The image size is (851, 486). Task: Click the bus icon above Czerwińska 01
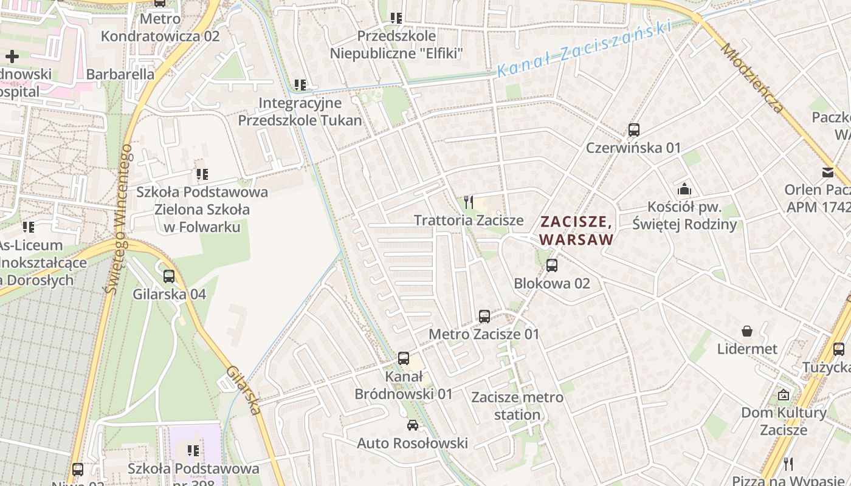coord(633,129)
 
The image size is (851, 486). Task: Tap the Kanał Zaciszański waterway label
coord(583,48)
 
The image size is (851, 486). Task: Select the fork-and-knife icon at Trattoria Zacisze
coord(468,202)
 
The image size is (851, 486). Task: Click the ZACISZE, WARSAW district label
coord(576,230)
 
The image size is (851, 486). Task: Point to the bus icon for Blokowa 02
coord(551,265)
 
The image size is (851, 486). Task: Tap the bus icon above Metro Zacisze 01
coord(484,316)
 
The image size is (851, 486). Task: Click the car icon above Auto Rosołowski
coord(413,425)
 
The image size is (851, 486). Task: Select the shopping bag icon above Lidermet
coord(746,331)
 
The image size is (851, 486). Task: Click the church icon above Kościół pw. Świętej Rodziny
coord(684,189)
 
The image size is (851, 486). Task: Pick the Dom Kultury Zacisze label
coord(784,421)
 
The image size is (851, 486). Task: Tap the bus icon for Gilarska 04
coord(169,276)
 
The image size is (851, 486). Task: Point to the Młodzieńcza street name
coord(753,78)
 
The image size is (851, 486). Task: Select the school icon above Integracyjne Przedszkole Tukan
coord(300,84)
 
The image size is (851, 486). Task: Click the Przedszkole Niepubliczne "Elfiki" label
coord(396,45)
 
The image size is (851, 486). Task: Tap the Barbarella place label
coord(120,74)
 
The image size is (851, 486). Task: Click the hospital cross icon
coord(12,56)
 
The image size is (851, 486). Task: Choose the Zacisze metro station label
coord(517,406)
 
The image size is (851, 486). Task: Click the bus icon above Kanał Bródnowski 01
coord(403,358)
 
